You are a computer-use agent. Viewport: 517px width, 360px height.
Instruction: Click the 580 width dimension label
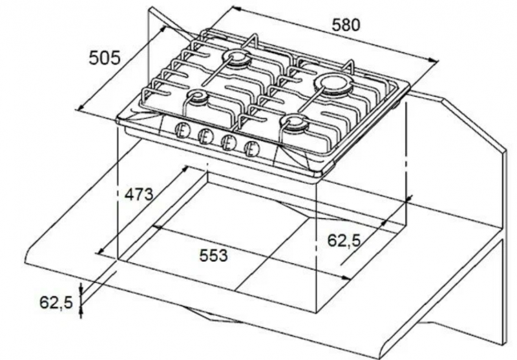(x=346, y=25)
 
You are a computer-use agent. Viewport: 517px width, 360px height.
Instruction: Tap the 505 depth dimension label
(x=105, y=58)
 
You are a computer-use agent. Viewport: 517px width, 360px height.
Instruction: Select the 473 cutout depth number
(x=139, y=194)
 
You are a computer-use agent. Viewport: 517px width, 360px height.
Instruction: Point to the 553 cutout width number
(x=213, y=255)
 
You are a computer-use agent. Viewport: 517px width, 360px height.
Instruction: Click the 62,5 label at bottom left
(x=56, y=302)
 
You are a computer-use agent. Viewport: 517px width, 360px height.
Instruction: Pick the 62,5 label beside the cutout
(x=344, y=240)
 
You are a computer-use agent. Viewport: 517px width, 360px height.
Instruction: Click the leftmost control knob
(x=182, y=131)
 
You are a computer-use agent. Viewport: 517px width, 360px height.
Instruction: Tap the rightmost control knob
(x=252, y=149)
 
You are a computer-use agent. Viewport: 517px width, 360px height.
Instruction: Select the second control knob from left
(x=205, y=136)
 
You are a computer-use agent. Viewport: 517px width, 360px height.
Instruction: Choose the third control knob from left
(x=228, y=143)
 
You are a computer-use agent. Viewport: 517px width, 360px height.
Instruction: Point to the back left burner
(x=238, y=59)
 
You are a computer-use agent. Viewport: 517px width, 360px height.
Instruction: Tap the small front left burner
(x=198, y=96)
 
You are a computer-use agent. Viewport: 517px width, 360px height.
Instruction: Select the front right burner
(x=295, y=123)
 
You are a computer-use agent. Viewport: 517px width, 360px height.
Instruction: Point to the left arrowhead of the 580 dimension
(x=236, y=8)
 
